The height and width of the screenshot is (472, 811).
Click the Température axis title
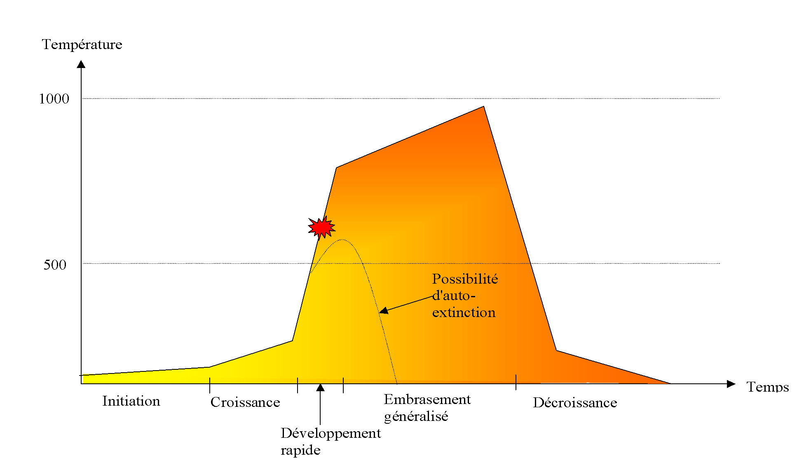coord(82,45)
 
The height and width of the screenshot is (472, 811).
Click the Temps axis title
coord(767,387)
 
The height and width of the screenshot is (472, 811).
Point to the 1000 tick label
coord(54,99)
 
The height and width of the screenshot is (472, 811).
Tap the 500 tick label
coord(55,265)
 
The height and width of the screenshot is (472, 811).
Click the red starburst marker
coord(321,227)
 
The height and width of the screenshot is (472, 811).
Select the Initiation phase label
coord(131,401)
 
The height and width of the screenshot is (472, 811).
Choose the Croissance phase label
coord(245,402)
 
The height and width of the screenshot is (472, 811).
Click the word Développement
coord(331,433)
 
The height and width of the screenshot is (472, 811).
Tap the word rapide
coord(300,450)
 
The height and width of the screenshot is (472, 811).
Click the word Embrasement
coord(427,399)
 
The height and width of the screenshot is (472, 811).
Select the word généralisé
coord(416,416)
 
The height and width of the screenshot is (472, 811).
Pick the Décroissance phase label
coord(575,403)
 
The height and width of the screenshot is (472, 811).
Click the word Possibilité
coord(465,279)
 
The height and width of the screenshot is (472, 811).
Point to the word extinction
coord(464,312)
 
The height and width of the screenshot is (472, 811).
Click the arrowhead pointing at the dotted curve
coord(384,311)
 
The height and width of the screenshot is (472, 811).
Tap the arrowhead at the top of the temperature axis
coord(81,64)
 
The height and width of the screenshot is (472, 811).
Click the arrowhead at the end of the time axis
coord(731,384)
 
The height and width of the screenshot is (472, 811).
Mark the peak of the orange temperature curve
coord(483,107)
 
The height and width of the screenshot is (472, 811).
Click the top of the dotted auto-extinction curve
coord(342,240)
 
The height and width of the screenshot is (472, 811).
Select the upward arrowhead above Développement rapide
coord(320,387)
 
